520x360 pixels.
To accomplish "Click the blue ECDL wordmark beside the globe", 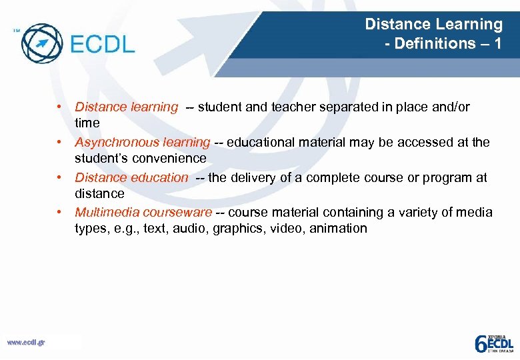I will point(101,45).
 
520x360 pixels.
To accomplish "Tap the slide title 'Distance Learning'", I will point(433,25).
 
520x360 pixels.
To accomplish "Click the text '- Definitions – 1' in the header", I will point(443,44).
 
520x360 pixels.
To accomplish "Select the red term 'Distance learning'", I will point(126,107).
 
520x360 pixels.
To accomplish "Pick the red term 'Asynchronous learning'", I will point(142,142).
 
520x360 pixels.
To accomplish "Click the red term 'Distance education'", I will point(131,177).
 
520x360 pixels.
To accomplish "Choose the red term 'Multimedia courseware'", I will point(143,212).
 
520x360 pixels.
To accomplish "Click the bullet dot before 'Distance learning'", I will point(59,107).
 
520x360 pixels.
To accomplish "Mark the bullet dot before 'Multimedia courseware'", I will point(59,212).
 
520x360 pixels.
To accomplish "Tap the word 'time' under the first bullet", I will point(87,123).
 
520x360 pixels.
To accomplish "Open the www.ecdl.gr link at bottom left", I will point(26,342).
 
